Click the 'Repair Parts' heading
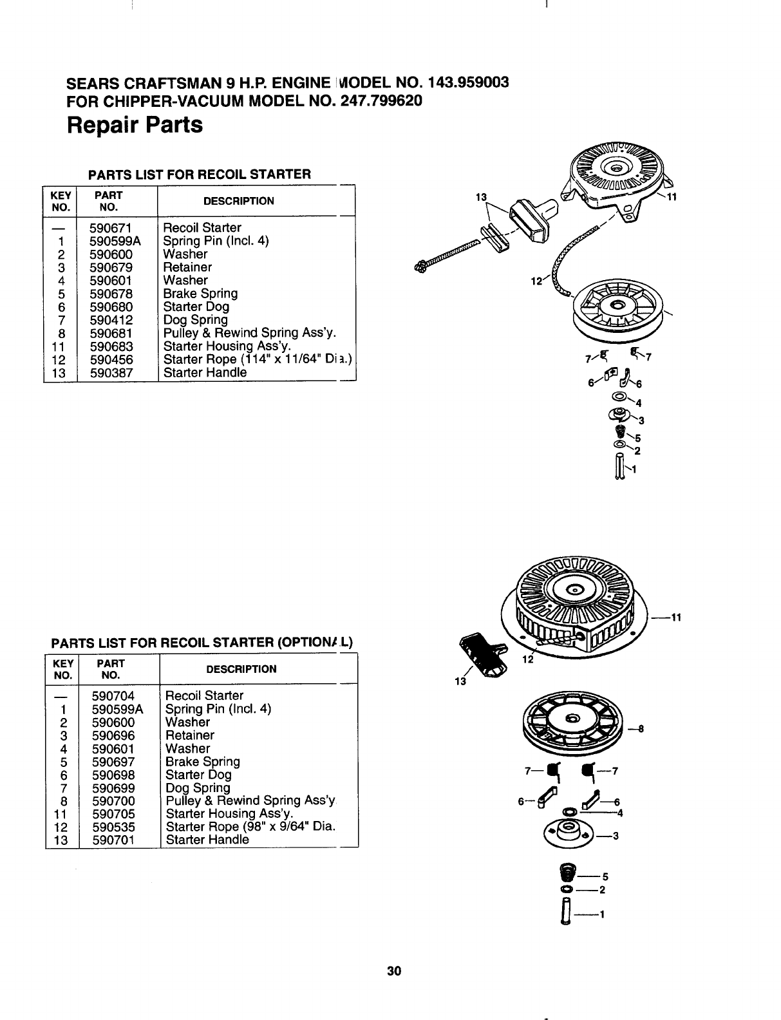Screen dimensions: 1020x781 point(135,124)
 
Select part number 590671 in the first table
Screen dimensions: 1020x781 point(111,227)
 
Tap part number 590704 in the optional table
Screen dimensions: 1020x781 point(113,695)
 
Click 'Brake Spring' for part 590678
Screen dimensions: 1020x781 point(200,294)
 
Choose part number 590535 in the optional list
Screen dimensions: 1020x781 point(113,827)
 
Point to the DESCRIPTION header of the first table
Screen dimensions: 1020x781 point(238,201)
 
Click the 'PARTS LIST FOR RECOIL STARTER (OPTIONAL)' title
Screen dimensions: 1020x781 point(203,642)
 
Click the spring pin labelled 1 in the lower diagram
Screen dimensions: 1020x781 point(567,914)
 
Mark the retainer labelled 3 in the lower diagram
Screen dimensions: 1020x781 point(570,836)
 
